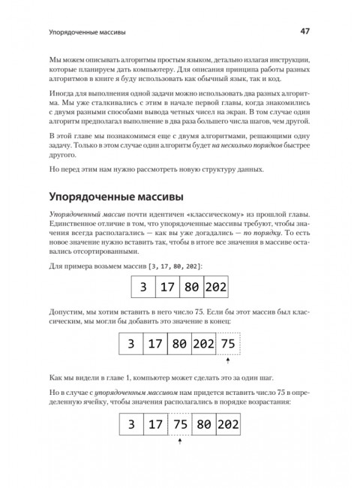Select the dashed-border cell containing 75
pos(229,344)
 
